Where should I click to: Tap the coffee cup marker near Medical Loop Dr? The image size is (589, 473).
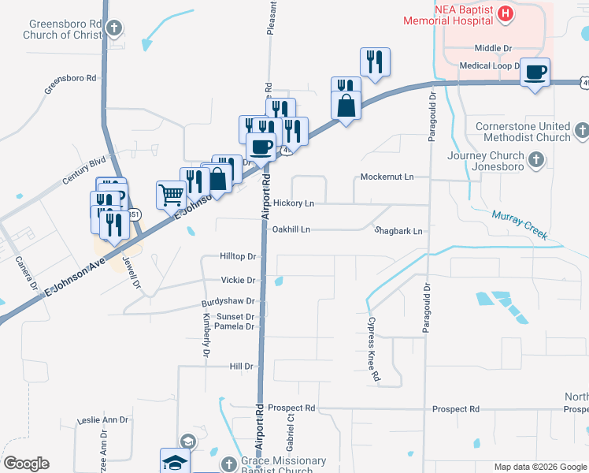(x=535, y=73)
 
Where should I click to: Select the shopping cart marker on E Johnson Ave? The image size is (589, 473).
(x=172, y=194)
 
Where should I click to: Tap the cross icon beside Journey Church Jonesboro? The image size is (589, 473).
(x=535, y=161)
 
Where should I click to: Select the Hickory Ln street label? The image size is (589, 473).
(x=294, y=203)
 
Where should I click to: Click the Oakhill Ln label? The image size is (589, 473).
(x=291, y=229)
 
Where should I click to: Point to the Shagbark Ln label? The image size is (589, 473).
(x=399, y=231)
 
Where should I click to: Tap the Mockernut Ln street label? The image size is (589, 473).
(x=387, y=177)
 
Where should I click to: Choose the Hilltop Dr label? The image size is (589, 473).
(x=239, y=257)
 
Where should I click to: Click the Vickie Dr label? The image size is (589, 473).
(x=239, y=281)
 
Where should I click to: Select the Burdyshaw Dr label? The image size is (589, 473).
(x=228, y=301)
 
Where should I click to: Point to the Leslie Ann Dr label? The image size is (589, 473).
(x=102, y=420)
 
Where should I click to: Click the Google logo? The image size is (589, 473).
(x=26, y=464)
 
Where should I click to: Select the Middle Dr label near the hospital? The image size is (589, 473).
(x=494, y=48)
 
